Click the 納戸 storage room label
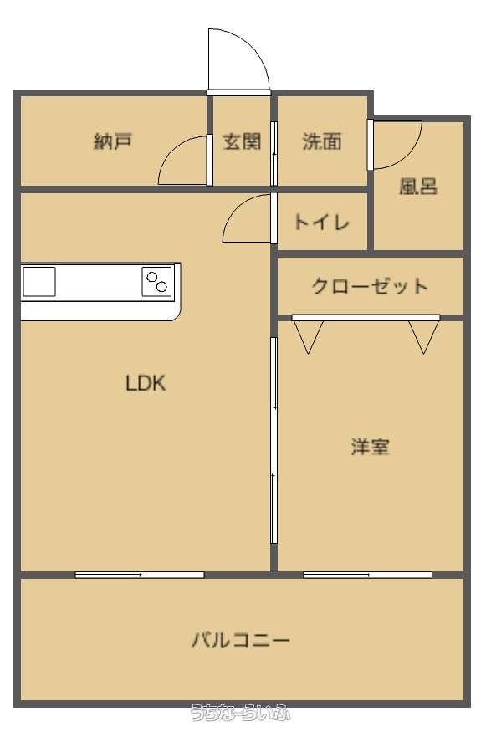(x=113, y=141)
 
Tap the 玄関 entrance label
(x=242, y=141)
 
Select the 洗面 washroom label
(x=322, y=141)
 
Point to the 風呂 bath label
(x=418, y=186)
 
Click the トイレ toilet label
(x=322, y=222)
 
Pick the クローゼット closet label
(x=370, y=286)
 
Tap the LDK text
(x=146, y=383)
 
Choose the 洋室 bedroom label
(x=371, y=446)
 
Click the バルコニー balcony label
(x=241, y=640)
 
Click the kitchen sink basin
(x=38, y=282)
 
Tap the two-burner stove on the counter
(x=156, y=282)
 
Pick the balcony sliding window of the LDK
(x=140, y=575)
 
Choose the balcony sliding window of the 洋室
(x=368, y=575)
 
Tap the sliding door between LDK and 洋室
(x=274, y=440)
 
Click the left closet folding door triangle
(x=308, y=337)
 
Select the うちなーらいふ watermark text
(x=240, y=713)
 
